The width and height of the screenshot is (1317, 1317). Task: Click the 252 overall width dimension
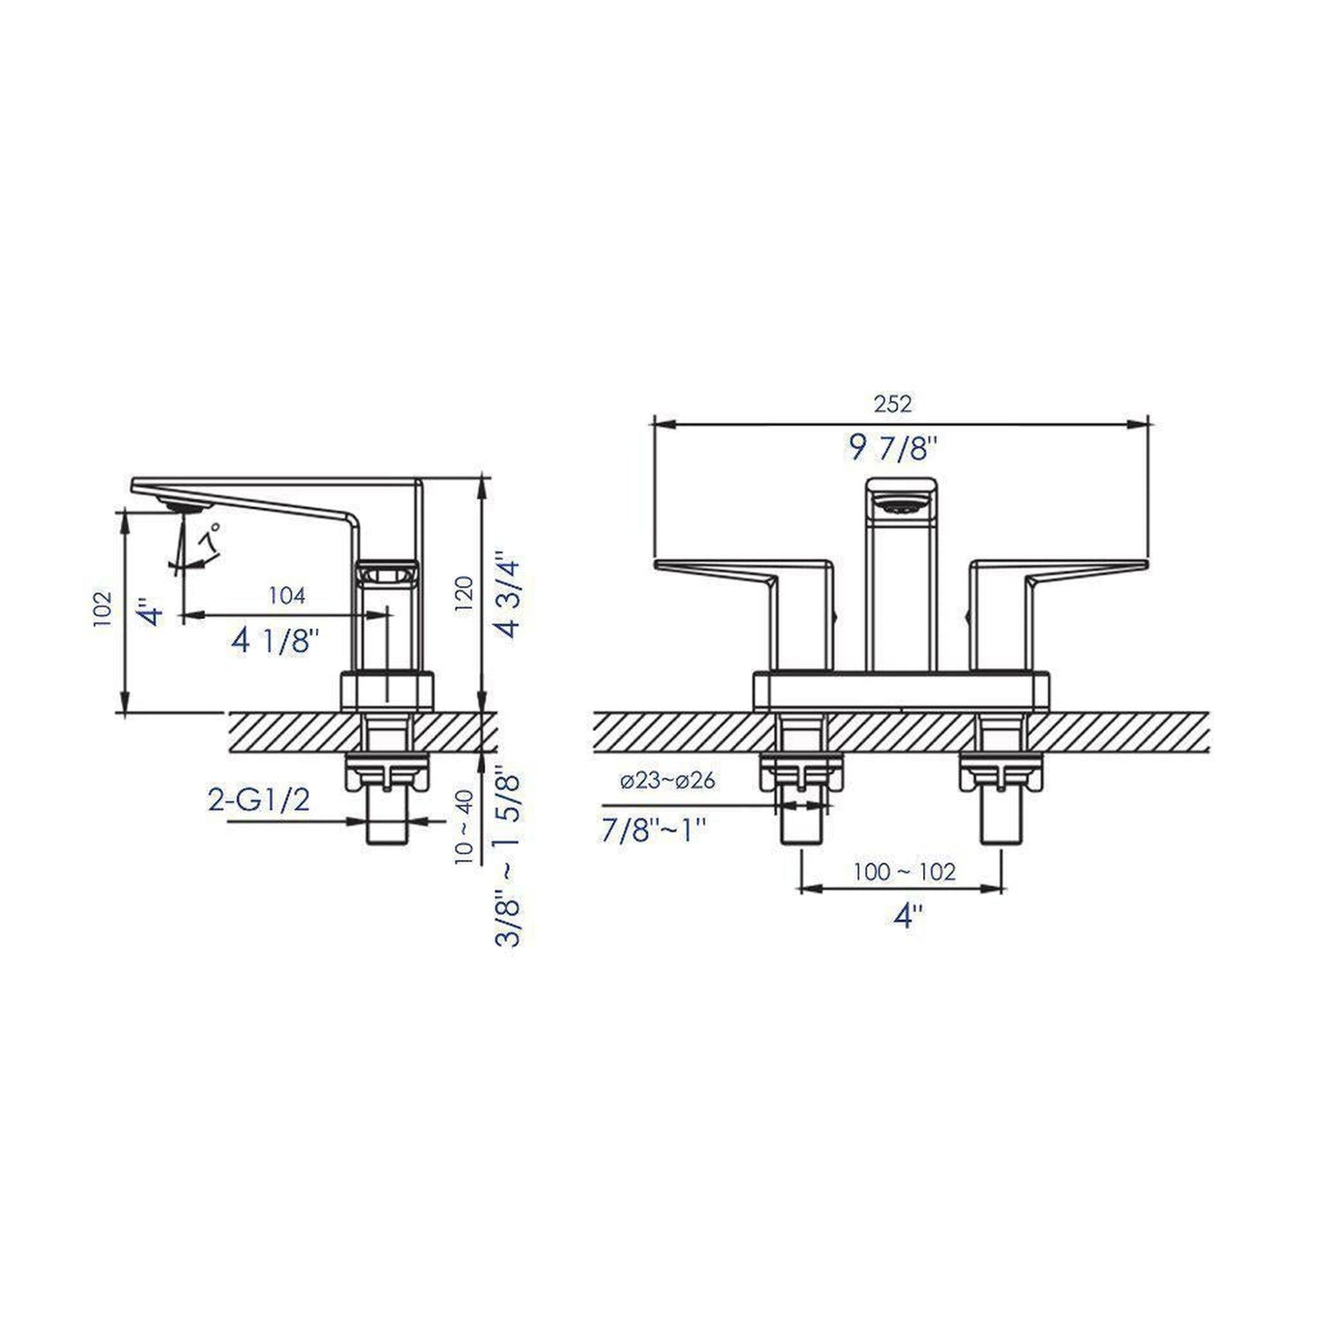[x=892, y=403]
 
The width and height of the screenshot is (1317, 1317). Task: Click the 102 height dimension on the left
[x=102, y=609]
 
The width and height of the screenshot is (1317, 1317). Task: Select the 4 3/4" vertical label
[x=505, y=593]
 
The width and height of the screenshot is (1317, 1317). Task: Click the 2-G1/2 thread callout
[x=260, y=800]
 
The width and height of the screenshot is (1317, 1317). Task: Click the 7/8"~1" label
[x=654, y=829]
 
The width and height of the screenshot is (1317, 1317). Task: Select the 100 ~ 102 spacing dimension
[x=904, y=872]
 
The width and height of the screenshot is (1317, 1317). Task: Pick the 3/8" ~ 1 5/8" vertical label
[x=507, y=857]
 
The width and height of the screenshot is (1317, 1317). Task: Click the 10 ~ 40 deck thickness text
[x=464, y=826]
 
